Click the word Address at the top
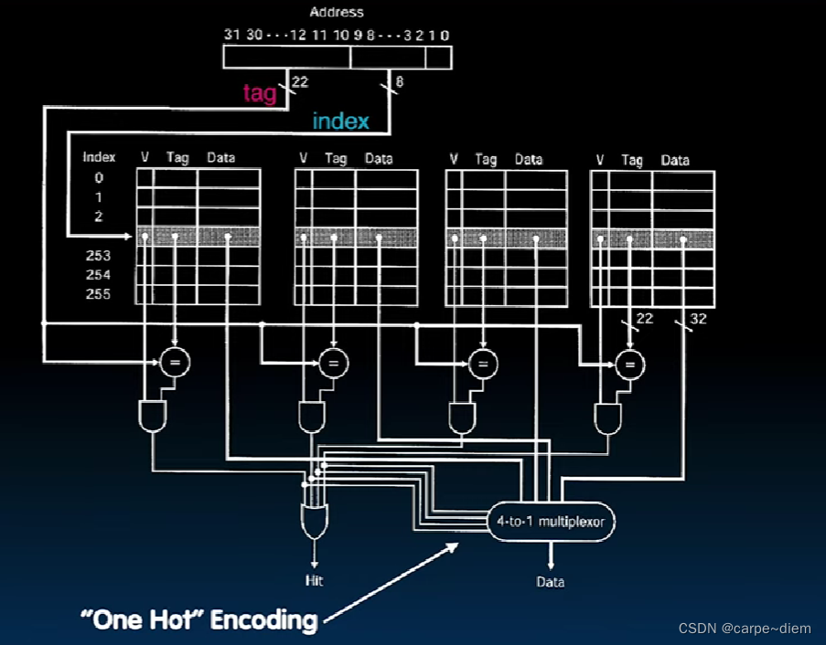tap(337, 12)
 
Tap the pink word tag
tap(260, 93)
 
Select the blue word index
tap(340, 121)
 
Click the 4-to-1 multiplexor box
tap(551, 523)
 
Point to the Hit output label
tap(314, 581)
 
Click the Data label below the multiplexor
tap(550, 582)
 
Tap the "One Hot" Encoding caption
tap(198, 620)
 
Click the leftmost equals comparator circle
tap(174, 363)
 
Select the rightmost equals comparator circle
tap(629, 364)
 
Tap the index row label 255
tap(98, 294)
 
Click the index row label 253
tap(98, 256)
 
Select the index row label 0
tap(100, 178)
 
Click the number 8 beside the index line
tap(399, 83)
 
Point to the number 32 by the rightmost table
tap(698, 319)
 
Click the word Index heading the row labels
tap(99, 157)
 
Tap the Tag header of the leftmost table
tap(177, 158)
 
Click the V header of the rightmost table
tap(600, 160)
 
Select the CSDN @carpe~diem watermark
tap(745, 629)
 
